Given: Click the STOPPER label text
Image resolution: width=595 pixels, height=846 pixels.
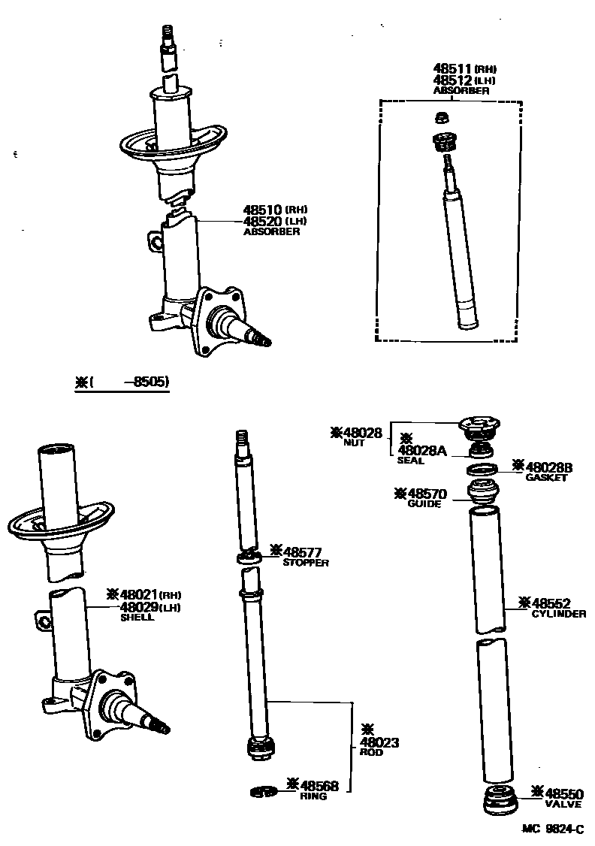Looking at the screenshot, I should click(306, 563).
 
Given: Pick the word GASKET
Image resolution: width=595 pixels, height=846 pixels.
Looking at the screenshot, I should click(546, 478).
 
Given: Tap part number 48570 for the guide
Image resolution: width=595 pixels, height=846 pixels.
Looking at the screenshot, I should click(427, 494).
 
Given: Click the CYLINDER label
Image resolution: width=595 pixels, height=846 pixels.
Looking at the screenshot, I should click(559, 614).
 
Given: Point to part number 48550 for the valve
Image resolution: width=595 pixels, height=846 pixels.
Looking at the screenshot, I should click(564, 793).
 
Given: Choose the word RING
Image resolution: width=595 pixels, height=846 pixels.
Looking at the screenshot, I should click(313, 796).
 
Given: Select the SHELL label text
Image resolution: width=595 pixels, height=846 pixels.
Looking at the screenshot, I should click(137, 618).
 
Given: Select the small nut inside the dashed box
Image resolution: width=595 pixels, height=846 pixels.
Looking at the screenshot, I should click(443, 117).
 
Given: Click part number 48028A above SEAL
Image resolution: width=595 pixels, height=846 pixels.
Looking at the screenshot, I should click(423, 450).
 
